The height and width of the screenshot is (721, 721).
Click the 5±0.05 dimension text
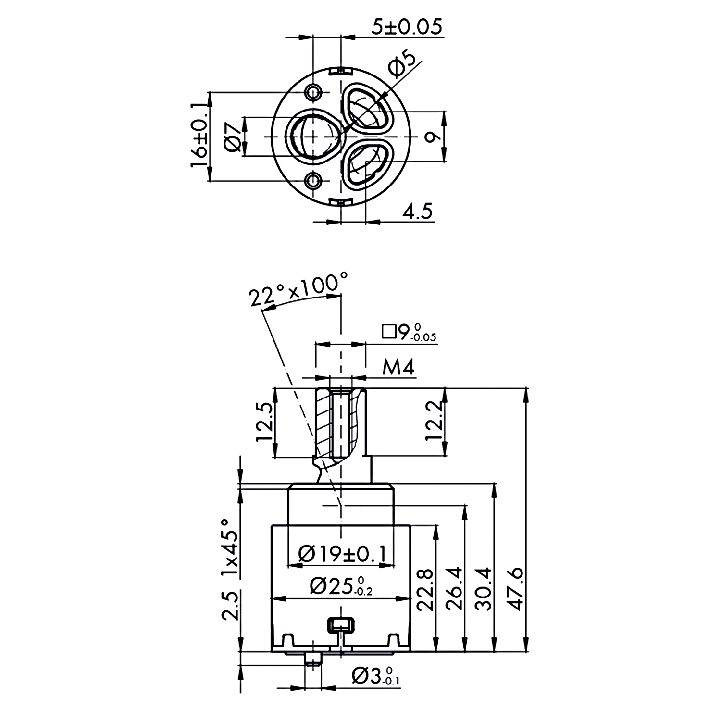coord(407,27)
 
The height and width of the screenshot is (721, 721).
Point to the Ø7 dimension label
coord(233,137)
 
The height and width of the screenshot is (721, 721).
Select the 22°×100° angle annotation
coord(298,289)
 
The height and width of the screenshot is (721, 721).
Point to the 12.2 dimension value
coord(434,422)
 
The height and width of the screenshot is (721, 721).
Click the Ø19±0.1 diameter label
coord(342,554)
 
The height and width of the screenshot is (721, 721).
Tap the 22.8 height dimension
coord(425,589)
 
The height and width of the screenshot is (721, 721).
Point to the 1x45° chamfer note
coord(230,548)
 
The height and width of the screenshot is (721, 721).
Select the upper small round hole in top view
coord(314,91)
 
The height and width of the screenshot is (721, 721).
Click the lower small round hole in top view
coord(314,181)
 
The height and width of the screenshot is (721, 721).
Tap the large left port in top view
coord(313,137)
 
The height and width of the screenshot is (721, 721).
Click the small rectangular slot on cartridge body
coord(341,625)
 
